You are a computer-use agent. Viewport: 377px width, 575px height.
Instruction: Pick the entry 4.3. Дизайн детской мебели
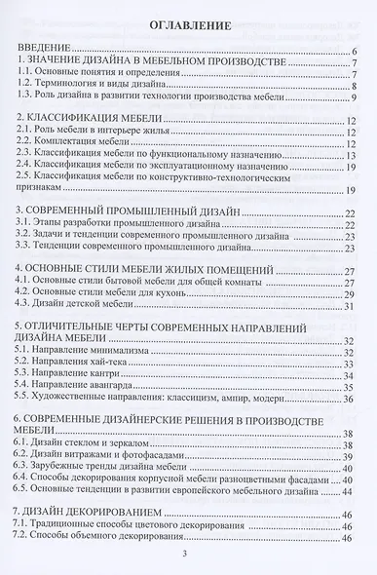(83, 305)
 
